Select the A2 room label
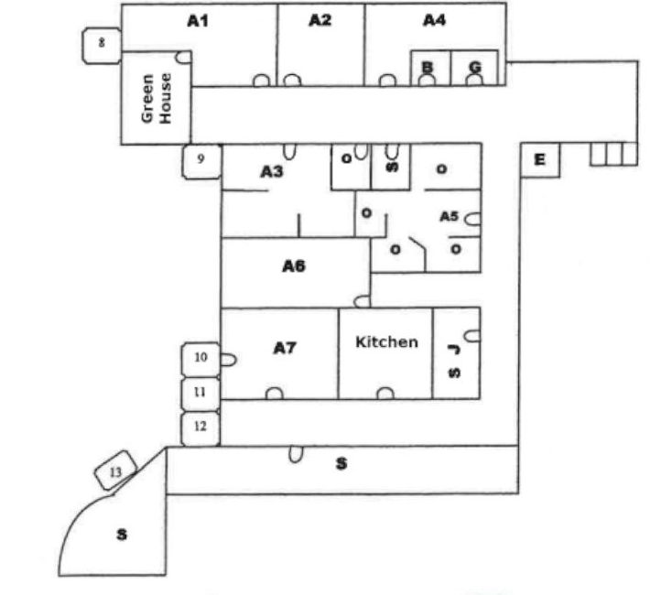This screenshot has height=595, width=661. [319, 20]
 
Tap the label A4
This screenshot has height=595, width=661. [434, 20]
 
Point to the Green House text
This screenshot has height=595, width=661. [157, 106]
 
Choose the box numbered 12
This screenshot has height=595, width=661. [200, 427]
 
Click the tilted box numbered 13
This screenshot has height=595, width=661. [116, 472]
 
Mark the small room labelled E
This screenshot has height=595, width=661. [539, 160]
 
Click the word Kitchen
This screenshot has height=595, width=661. [386, 341]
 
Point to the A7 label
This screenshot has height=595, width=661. [286, 348]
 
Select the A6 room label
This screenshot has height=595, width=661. [293, 267]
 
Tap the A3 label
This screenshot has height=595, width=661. [272, 171]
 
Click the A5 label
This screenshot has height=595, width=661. [449, 217]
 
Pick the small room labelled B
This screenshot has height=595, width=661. [428, 68]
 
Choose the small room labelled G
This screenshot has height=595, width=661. [474, 68]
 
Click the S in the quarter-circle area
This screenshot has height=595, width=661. [120, 535]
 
